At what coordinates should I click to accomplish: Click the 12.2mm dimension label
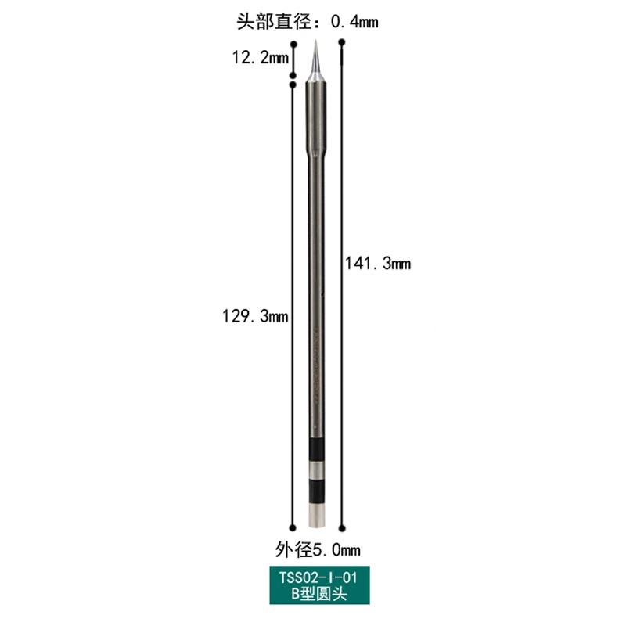[261, 57]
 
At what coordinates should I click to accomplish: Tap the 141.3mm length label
[378, 264]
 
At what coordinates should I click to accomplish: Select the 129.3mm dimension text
[255, 316]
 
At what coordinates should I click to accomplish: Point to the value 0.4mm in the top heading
[354, 22]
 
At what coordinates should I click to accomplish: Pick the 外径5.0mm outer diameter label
[318, 550]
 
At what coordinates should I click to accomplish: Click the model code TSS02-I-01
[318, 577]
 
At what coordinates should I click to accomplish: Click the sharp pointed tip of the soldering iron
[315, 41]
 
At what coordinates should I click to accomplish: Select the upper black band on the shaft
[318, 450]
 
